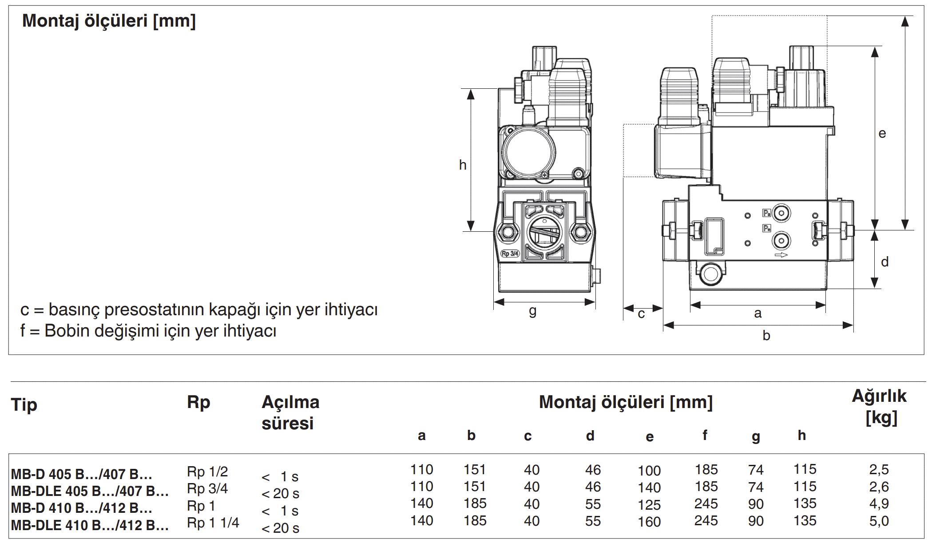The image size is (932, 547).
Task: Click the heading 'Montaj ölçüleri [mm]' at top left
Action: [109, 21]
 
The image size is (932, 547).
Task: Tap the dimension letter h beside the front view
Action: [463, 165]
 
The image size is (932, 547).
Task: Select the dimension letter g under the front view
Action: [532, 311]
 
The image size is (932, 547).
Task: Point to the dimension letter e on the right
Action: [882, 134]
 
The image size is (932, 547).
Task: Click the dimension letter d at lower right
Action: [884, 262]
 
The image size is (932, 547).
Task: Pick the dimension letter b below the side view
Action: [766, 336]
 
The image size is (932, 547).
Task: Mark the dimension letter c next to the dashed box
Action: [641, 314]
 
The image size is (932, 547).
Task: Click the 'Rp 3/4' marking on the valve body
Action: [510, 254]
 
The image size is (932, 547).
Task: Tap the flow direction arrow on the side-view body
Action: [781, 255]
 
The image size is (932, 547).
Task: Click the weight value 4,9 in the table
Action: [879, 504]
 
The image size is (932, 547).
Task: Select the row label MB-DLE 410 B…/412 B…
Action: [90, 525]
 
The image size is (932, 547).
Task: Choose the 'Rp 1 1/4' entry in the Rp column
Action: [213, 523]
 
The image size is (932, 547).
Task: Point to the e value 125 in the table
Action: [649, 505]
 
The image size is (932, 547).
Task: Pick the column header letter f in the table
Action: [705, 435]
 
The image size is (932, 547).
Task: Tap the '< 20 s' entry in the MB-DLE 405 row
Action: [280, 494]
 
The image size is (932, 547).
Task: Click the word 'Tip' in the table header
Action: [24, 404]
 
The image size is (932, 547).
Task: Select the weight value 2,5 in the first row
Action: [879, 470]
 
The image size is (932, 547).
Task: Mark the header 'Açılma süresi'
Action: [290, 412]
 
